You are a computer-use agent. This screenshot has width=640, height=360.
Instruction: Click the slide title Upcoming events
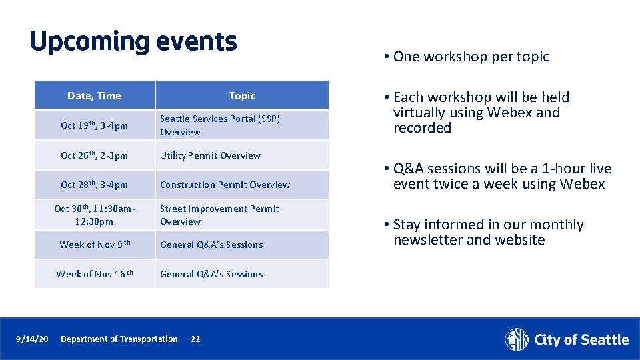[x=133, y=41]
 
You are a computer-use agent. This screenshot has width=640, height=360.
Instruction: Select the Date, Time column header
[x=94, y=95]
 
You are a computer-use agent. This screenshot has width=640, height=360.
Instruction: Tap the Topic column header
[x=241, y=95]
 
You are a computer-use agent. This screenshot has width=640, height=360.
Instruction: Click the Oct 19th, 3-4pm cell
[x=94, y=125]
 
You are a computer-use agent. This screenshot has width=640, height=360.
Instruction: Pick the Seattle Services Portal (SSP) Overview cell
[x=220, y=125]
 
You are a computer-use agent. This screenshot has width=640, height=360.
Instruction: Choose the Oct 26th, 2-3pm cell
[x=94, y=155]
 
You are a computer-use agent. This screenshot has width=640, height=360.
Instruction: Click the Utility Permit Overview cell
[x=210, y=155]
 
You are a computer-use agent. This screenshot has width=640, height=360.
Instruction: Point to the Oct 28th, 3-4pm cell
[x=94, y=185]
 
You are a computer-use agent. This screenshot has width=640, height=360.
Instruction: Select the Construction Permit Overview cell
[x=225, y=185]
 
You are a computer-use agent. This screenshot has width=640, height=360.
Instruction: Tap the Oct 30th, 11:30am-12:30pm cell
[x=94, y=215]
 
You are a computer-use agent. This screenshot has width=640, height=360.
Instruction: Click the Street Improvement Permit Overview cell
[x=219, y=215]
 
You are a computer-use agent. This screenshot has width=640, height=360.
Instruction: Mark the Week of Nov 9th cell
[x=94, y=245]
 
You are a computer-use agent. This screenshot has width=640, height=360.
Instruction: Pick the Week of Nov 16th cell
[x=94, y=274]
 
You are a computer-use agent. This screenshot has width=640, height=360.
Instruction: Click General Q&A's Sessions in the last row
[x=211, y=274]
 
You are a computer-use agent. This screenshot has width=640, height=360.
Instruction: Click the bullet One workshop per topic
[x=471, y=57]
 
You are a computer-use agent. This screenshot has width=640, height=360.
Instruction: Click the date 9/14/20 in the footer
[x=32, y=339]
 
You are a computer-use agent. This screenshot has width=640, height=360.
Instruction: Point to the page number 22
[x=195, y=339]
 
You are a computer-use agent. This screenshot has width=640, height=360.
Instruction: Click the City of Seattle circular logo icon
[x=517, y=339]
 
